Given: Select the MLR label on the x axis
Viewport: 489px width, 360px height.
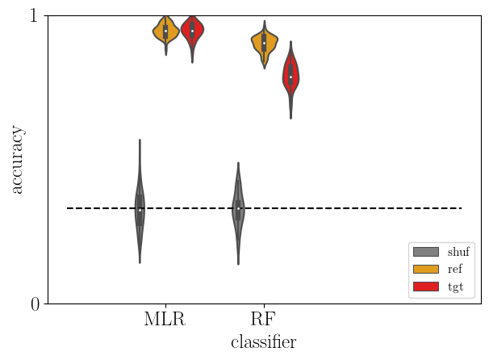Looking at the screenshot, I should point(165,320).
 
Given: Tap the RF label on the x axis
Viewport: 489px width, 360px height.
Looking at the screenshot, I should point(263,320).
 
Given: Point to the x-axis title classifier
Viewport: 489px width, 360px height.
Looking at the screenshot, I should point(263,342).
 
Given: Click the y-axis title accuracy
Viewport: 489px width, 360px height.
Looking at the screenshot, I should point(17,160).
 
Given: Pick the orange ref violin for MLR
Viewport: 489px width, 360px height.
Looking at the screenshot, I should point(165,32).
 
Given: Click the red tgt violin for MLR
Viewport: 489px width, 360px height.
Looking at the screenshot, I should point(192,32).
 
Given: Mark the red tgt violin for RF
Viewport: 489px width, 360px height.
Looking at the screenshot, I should point(290,77).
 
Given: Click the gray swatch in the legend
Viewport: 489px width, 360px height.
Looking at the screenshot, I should point(425,251).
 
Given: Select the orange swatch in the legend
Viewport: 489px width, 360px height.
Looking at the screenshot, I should point(425,269).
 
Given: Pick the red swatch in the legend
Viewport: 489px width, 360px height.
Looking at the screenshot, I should point(425,286).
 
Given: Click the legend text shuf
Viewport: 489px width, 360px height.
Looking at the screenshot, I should point(458,251).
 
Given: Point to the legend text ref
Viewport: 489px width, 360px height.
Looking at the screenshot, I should point(454,269).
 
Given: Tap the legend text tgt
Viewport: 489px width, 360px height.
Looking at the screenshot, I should point(454,286).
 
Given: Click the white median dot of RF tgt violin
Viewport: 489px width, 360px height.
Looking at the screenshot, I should point(290,77).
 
